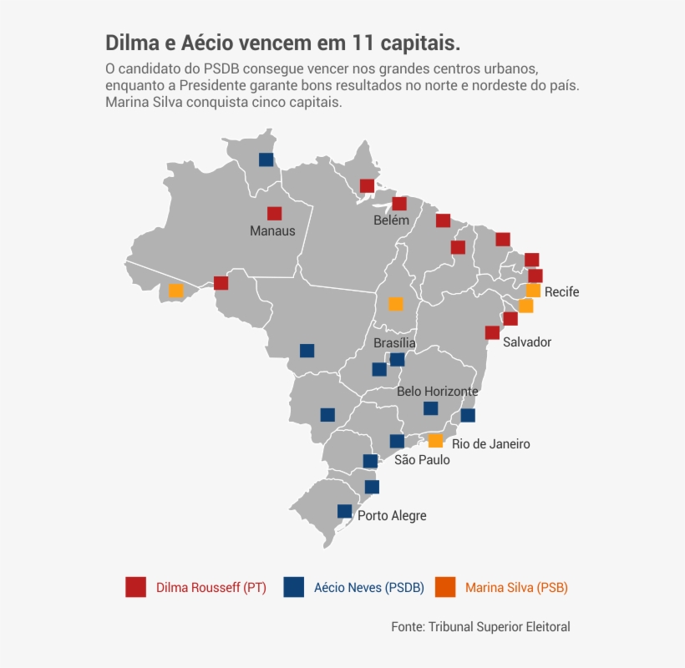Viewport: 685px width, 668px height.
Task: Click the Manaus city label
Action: coord(272,231)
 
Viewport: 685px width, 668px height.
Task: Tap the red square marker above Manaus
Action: coord(274,214)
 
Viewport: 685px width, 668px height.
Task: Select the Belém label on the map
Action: coord(391,220)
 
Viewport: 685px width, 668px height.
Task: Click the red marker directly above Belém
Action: coord(399,204)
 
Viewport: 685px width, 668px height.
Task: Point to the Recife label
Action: coord(561,292)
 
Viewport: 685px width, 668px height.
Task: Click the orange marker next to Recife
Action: coord(533,291)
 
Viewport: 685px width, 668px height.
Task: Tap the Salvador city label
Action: coord(527,342)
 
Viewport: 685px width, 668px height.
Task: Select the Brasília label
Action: coord(394,343)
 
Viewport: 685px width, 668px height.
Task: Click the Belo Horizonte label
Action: coord(437,391)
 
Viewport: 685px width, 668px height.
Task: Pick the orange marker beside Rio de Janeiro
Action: coord(435,441)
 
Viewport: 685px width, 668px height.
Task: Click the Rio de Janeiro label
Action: coord(490,444)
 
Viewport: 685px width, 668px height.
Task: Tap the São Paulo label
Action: coord(422,460)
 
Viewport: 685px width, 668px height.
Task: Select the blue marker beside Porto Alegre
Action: coord(344,511)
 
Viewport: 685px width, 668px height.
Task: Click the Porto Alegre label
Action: coord(392,516)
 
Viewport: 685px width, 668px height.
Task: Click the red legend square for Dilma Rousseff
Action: coord(136,587)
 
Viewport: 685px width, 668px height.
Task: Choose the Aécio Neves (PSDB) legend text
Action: coord(368,588)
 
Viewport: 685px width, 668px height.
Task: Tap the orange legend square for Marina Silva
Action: coord(448,587)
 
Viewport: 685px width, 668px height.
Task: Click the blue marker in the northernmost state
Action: coord(266,159)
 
